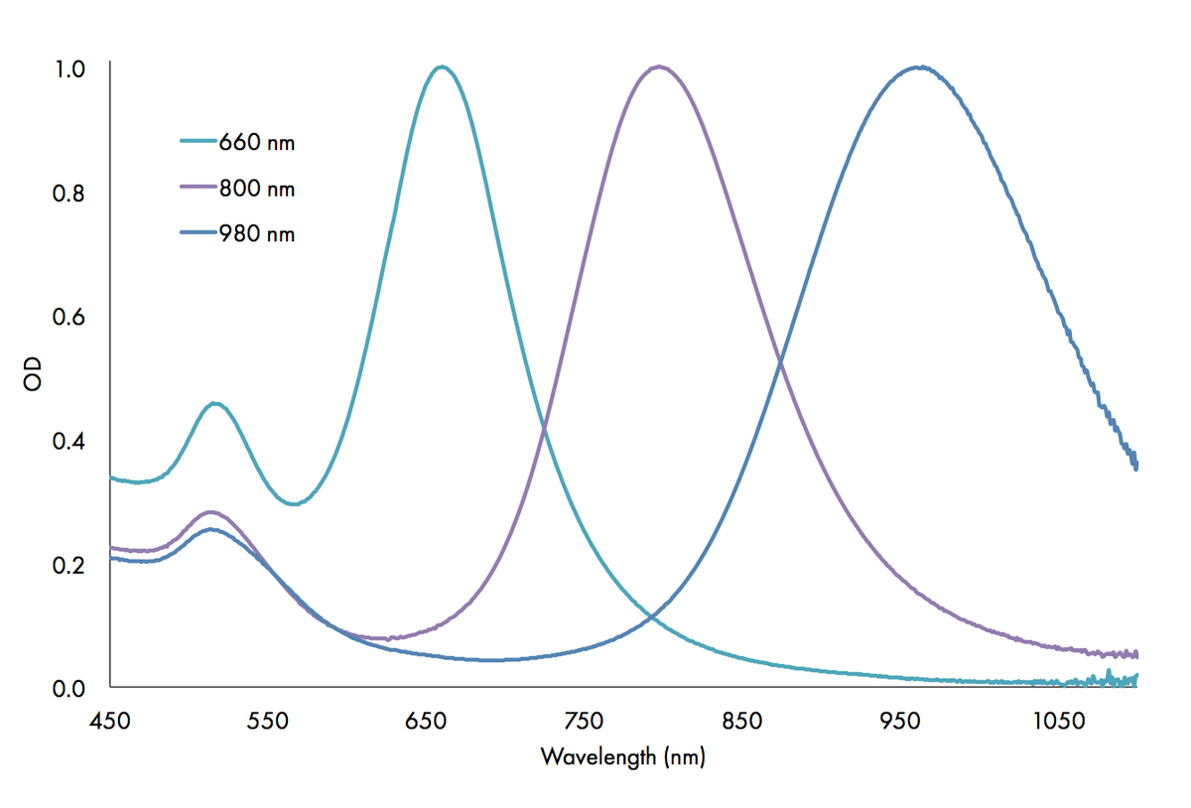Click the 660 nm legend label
tap(257, 143)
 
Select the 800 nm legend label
tap(257, 189)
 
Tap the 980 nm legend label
tap(257, 234)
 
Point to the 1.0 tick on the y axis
tap(70, 69)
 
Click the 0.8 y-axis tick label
tap(70, 194)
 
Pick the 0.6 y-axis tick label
tap(70, 318)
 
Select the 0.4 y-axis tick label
tap(70, 441)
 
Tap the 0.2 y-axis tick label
tap(70, 565)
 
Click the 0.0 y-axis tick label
tap(70, 688)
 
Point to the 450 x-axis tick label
tap(110, 720)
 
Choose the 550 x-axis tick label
tap(267, 720)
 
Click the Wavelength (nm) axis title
tap(622, 757)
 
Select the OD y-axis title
tap(35, 377)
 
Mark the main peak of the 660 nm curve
tap(442, 67)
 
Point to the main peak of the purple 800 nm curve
tap(659, 67)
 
